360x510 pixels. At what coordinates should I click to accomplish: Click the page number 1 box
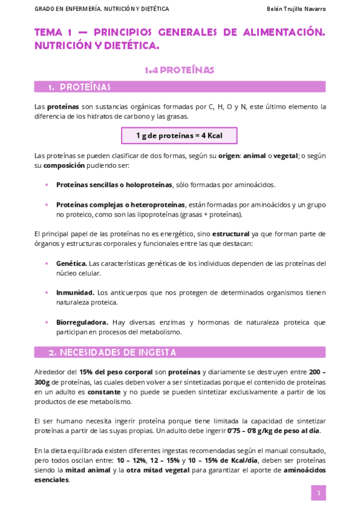(318, 493)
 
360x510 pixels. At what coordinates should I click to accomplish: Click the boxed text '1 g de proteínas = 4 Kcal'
(179, 135)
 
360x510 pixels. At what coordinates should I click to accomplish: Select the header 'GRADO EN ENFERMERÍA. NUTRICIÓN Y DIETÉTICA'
(102, 9)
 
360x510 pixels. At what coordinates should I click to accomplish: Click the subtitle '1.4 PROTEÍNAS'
(179, 70)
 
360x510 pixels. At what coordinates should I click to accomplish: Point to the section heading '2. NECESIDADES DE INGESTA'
(112, 352)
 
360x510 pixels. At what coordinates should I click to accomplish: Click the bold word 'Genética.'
(72, 263)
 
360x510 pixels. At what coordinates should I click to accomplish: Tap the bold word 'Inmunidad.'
(75, 292)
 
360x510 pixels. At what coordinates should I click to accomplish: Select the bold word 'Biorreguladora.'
(82, 322)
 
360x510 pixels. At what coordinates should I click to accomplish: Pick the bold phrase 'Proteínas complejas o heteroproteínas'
(120, 204)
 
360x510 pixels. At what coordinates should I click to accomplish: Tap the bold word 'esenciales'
(52, 479)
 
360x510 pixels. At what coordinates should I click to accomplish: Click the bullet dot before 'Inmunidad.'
(47, 292)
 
